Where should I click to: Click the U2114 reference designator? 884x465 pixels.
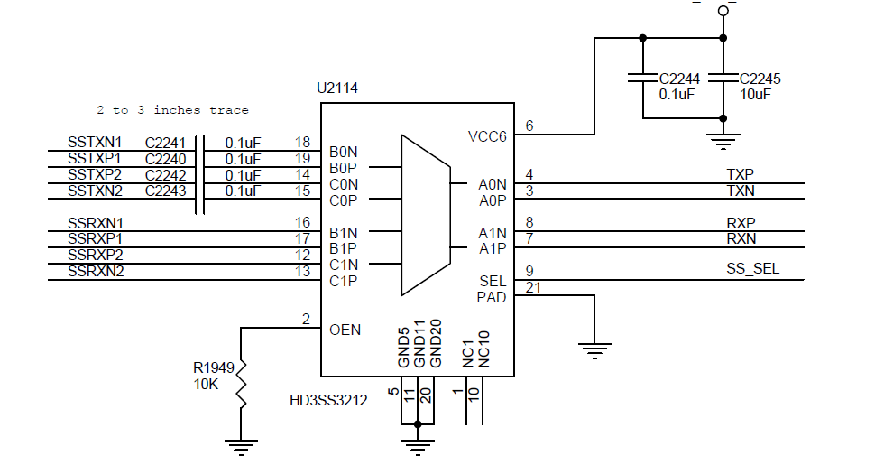(x=337, y=88)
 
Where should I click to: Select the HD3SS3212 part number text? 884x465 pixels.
(x=328, y=401)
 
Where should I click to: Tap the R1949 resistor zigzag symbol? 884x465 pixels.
(x=242, y=384)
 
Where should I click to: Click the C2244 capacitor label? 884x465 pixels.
(x=680, y=79)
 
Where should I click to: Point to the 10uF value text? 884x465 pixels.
(x=756, y=95)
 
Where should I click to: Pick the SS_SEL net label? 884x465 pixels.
(x=752, y=269)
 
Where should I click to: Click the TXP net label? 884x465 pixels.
(x=741, y=175)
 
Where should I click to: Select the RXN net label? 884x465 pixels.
(x=741, y=239)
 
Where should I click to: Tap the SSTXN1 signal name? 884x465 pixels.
(x=95, y=143)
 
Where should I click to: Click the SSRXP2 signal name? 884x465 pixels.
(x=96, y=255)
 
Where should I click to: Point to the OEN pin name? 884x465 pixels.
(x=345, y=330)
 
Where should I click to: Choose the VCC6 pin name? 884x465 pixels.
(x=487, y=136)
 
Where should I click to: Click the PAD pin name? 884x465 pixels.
(x=492, y=297)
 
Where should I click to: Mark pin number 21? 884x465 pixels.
(x=533, y=288)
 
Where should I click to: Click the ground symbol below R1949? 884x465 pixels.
(x=242, y=448)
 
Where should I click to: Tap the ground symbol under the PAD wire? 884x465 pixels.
(x=594, y=350)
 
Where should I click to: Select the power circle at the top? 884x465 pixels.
(x=723, y=11)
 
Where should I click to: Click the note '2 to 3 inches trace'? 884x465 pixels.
(x=172, y=110)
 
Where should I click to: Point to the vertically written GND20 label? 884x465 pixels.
(x=436, y=344)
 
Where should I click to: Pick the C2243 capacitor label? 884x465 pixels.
(x=166, y=191)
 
